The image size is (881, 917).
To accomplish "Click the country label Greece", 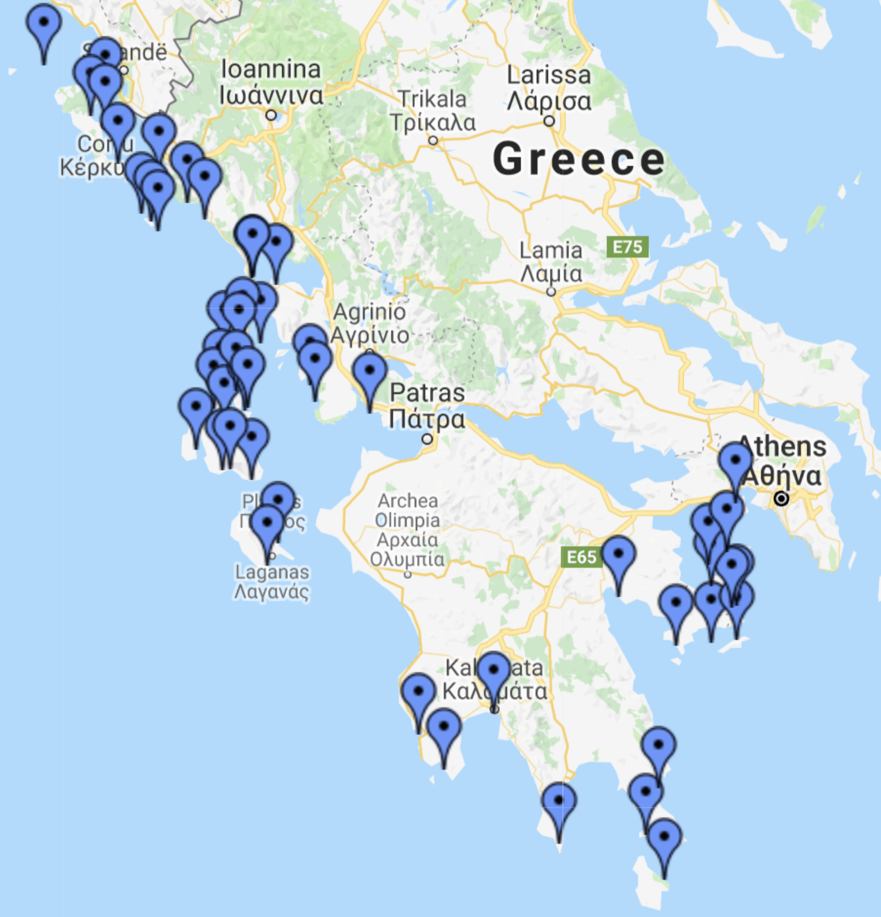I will [x=578, y=159].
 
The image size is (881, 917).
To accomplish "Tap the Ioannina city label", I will [x=271, y=82].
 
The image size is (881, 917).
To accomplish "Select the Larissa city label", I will [x=549, y=88].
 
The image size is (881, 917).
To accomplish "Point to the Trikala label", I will [x=432, y=110].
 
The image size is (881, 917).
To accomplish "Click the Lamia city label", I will [x=551, y=262].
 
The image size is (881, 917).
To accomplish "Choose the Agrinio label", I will [x=369, y=324].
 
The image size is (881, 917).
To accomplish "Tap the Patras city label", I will [x=427, y=406].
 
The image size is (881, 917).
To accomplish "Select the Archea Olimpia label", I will [x=407, y=530].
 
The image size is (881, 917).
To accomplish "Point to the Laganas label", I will [x=272, y=582].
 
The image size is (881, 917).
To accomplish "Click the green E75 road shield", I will [x=627, y=247].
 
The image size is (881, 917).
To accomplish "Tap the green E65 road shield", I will [x=581, y=557].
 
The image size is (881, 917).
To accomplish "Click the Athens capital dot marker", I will [x=781, y=498].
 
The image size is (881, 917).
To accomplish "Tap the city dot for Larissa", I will [x=549, y=121].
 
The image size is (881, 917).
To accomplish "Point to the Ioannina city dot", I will [x=271, y=115].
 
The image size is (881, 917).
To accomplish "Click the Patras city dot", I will [x=427, y=439].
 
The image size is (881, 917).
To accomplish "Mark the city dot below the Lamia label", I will [x=551, y=291].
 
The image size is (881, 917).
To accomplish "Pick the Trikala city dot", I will [x=433, y=140].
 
